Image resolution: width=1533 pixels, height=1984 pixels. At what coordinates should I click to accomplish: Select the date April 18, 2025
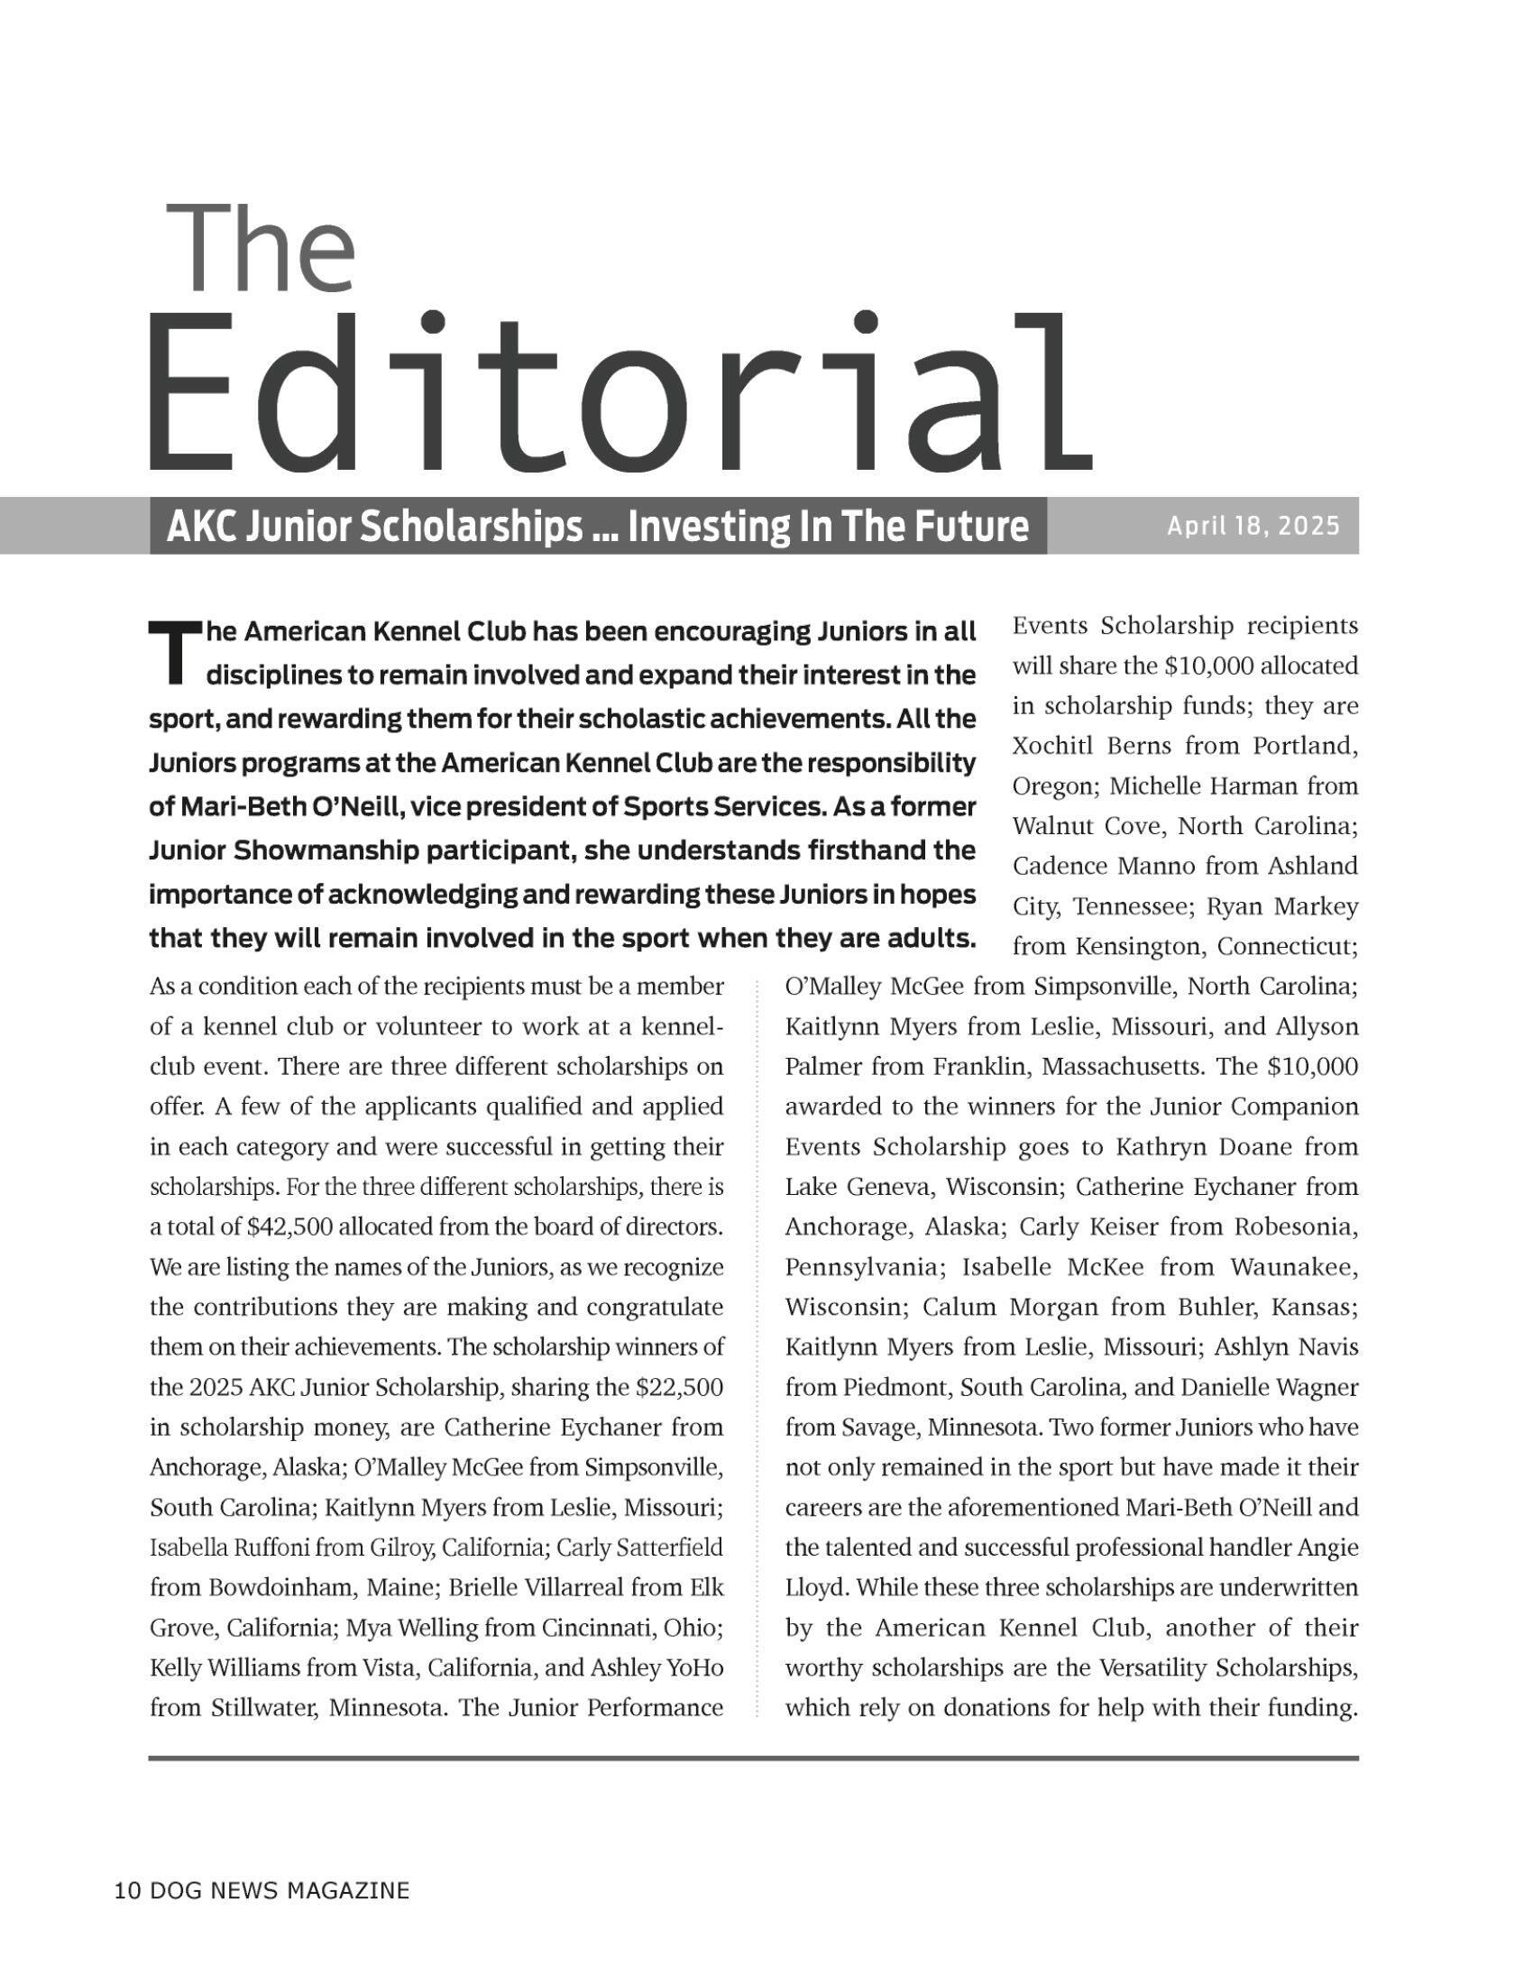1253,526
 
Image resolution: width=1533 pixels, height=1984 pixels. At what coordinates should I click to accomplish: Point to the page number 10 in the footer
127,1891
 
